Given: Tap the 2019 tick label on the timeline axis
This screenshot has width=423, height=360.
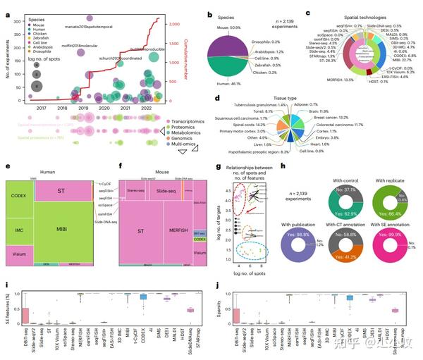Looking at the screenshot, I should [x=84, y=108].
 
